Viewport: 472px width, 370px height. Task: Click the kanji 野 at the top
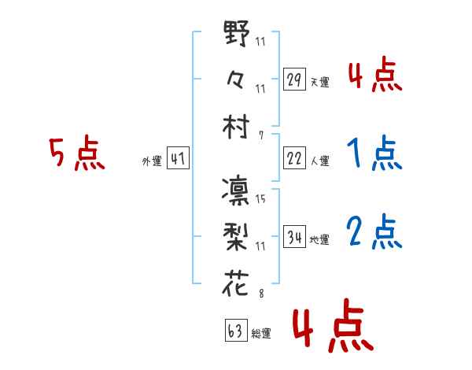(237, 34)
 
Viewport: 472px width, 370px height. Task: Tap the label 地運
(319, 239)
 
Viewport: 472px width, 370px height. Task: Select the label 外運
(152, 161)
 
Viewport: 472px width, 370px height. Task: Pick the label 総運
(261, 334)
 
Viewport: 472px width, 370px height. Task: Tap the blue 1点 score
(374, 154)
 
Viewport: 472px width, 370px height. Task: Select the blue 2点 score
(374, 231)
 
